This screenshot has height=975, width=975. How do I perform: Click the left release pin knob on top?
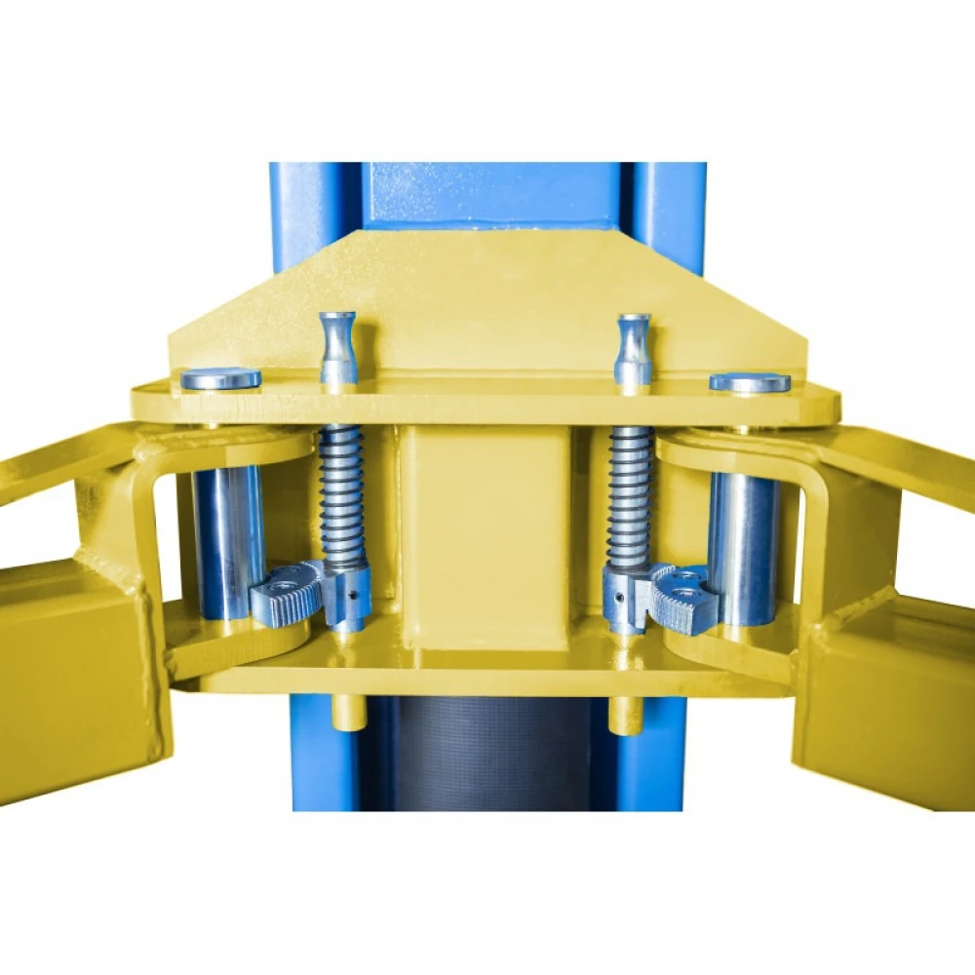pyautogui.click(x=338, y=346)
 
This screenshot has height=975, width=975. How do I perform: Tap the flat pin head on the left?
pyautogui.click(x=221, y=378)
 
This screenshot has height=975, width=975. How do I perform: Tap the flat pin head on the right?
pyautogui.click(x=750, y=382)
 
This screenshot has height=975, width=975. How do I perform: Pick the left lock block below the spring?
pyautogui.click(x=349, y=595)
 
